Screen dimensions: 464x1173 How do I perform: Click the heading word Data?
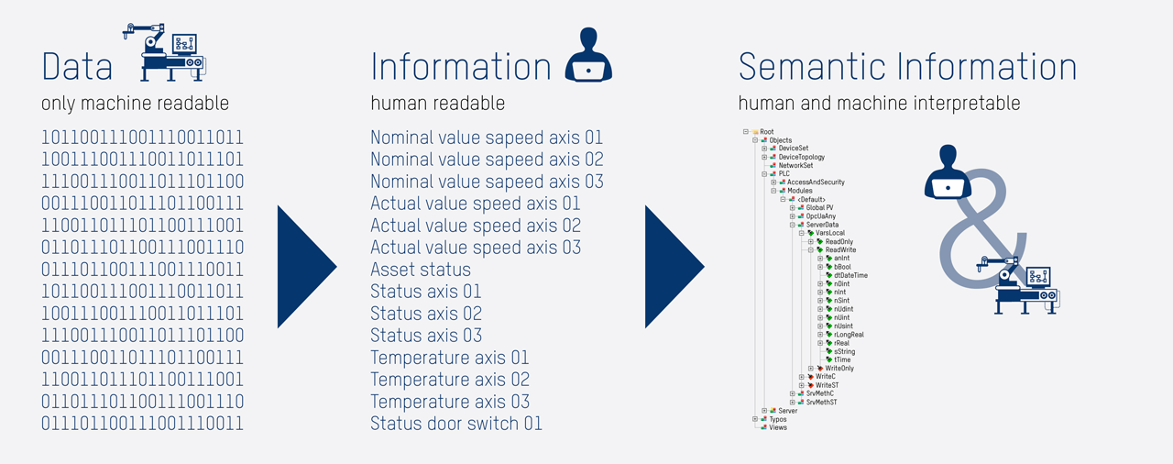point(77,66)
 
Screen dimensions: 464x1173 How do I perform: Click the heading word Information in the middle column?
point(461,66)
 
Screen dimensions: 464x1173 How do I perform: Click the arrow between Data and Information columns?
point(306,267)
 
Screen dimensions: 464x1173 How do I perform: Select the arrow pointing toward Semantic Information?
point(674,267)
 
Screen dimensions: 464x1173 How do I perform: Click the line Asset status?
point(421,270)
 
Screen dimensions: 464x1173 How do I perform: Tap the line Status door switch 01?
point(456,424)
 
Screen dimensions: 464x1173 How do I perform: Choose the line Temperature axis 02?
point(450,380)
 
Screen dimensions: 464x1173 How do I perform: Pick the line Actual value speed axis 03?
point(476,248)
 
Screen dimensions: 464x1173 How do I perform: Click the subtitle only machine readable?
point(135,104)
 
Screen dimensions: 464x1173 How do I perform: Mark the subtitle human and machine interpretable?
point(879,104)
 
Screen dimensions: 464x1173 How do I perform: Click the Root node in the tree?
point(767,132)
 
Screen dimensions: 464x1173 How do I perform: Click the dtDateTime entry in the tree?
point(850,275)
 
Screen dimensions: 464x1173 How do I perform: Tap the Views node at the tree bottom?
point(777,427)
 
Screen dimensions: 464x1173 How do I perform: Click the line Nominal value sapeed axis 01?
point(487,138)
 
